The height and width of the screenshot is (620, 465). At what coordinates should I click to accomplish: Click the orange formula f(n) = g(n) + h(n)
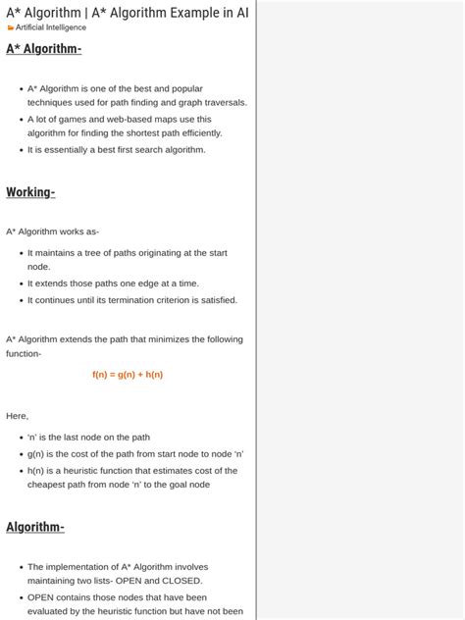click(128, 375)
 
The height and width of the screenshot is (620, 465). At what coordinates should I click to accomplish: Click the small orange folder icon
click(11, 27)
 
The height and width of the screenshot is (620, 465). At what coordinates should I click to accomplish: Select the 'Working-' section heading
click(30, 192)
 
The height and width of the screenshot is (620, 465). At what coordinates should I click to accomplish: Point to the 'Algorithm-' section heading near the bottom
click(35, 527)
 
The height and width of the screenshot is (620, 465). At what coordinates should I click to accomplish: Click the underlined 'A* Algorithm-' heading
click(44, 49)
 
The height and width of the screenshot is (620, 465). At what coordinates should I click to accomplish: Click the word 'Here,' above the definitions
click(18, 415)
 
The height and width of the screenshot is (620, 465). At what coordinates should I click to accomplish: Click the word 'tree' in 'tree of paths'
click(105, 252)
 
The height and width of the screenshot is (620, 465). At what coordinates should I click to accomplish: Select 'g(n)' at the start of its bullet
click(36, 454)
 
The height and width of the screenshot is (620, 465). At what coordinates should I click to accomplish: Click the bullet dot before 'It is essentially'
click(21, 151)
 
